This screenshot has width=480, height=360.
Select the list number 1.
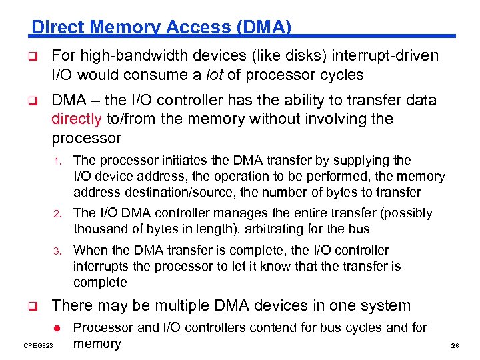tap(59, 161)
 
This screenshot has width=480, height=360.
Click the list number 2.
tap(59, 214)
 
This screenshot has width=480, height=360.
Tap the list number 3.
tap(59, 251)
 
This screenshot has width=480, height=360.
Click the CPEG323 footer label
tap(37, 345)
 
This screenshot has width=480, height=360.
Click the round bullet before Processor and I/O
tap(57, 328)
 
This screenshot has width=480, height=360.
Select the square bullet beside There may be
tap(30, 307)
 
